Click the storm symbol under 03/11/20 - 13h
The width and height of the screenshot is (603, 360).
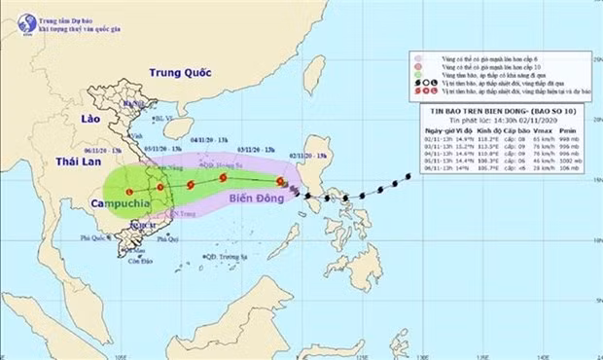pyautogui.click(x=225, y=178)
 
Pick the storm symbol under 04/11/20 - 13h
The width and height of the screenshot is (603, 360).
pyautogui.click(x=189, y=182)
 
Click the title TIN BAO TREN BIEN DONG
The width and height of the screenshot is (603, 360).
pyautogui.click(x=476, y=113)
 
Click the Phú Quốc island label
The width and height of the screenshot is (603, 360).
pyautogui.click(x=93, y=236)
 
